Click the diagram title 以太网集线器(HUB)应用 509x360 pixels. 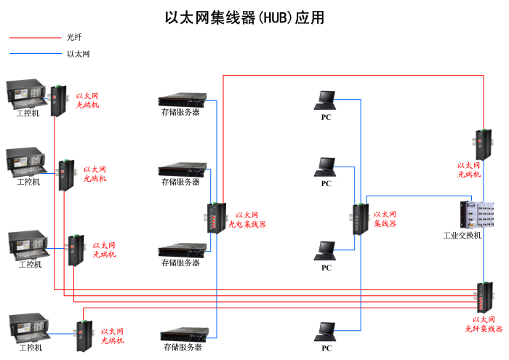[244, 17]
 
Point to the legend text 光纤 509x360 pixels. [74, 37]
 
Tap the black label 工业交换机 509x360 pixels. [462, 236]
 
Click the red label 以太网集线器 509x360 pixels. [385, 219]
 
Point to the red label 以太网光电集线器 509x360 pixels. [247, 220]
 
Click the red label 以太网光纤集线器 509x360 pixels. [484, 324]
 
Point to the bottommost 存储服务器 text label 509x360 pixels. [181, 348]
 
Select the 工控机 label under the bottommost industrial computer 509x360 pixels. [30, 348]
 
